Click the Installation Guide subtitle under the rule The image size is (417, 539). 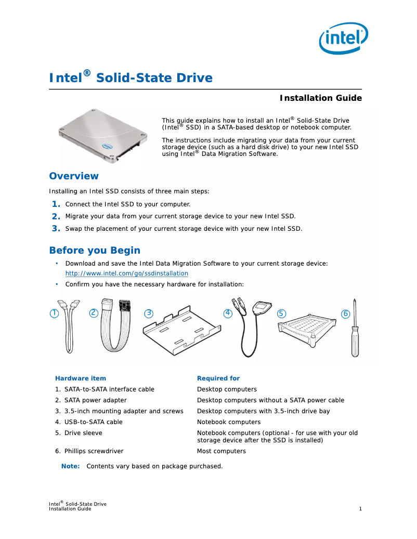(x=320, y=98)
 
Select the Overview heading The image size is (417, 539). (x=73, y=176)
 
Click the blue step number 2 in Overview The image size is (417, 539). (x=56, y=216)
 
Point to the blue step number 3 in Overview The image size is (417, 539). (x=56, y=228)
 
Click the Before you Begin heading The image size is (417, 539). (x=94, y=251)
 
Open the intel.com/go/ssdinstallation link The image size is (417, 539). (x=126, y=273)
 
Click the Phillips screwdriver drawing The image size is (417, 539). (x=354, y=330)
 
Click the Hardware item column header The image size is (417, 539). (x=81, y=378)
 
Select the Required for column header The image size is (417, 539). (x=218, y=378)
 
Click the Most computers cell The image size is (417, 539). (x=221, y=451)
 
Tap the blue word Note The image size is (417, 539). (x=70, y=466)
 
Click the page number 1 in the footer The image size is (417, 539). (x=360, y=509)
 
